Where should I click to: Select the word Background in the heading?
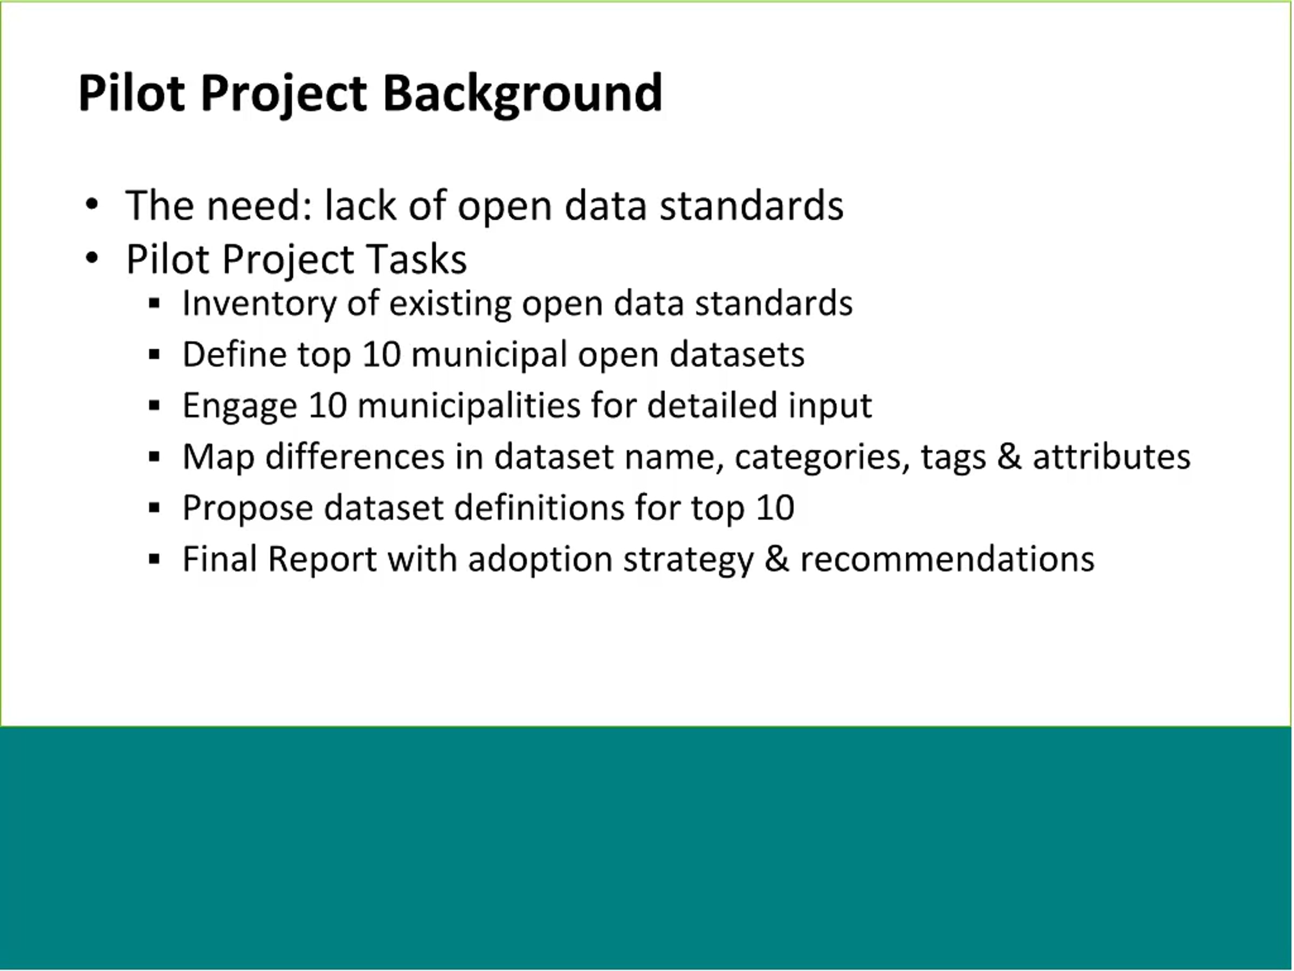[522, 95]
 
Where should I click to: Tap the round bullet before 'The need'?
[92, 205]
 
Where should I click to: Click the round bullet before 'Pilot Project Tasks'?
[92, 257]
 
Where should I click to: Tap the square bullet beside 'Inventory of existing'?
[154, 303]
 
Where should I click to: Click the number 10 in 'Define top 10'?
[381, 354]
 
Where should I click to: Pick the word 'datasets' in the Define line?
[737, 354]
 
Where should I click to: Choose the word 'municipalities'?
[469, 406]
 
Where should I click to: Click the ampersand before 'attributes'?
[1009, 456]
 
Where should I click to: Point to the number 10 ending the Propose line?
[775, 508]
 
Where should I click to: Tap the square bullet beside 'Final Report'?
[154, 559]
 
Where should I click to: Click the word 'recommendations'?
[947, 559]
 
